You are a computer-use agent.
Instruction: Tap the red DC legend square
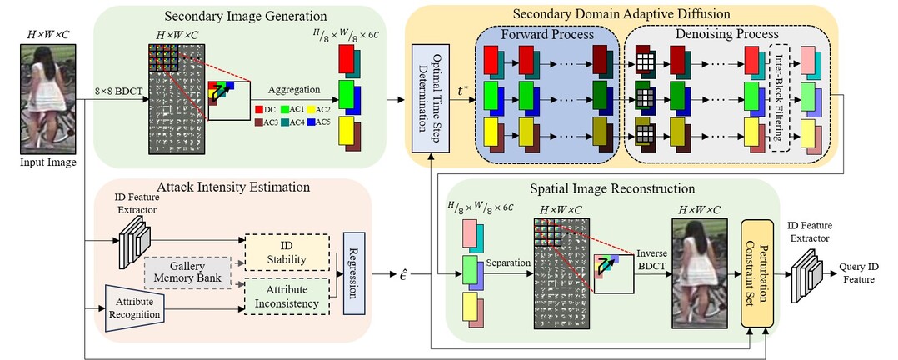pos(259,109)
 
